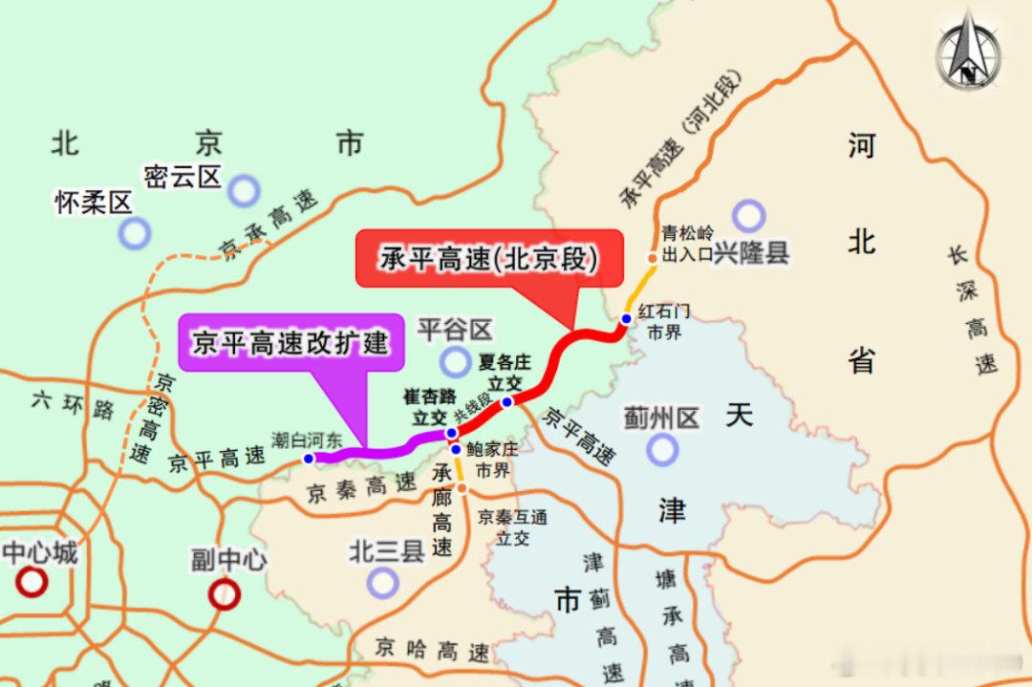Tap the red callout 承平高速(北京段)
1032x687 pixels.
[488, 257]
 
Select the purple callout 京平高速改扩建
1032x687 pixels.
[291, 342]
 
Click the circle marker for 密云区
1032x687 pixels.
[244, 190]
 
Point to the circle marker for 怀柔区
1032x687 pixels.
[135, 232]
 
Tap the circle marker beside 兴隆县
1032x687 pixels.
[748, 216]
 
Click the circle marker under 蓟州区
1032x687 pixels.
[661, 448]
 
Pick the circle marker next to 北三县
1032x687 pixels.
[382, 581]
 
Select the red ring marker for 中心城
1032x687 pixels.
[32, 581]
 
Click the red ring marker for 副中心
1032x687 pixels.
[225, 594]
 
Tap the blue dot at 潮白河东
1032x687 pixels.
[309, 459]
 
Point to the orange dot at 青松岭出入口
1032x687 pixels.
[652, 258]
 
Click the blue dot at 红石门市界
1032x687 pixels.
[626, 318]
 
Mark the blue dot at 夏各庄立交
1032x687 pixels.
[507, 401]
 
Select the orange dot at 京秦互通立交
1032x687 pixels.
[462, 489]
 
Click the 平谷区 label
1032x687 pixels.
[455, 331]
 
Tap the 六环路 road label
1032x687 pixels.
[73, 406]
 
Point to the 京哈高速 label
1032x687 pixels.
[432, 651]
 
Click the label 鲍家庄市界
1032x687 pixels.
[492, 460]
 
